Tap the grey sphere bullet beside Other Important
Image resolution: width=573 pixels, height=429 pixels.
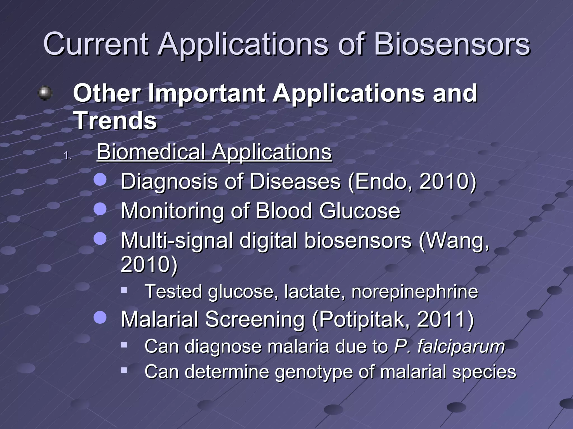(x=45, y=93)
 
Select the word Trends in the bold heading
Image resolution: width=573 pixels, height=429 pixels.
(x=115, y=121)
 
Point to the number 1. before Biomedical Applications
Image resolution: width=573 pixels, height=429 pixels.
(x=68, y=156)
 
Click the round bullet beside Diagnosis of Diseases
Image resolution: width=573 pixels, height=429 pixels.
(x=100, y=180)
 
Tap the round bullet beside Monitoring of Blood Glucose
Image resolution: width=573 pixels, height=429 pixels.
(x=100, y=209)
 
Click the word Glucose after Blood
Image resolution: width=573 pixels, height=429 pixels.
(x=360, y=211)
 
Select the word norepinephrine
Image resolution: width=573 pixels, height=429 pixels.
(x=415, y=292)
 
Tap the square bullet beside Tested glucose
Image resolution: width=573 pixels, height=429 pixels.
(x=124, y=290)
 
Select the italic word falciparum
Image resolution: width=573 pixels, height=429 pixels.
(x=461, y=346)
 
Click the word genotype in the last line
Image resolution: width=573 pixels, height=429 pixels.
(x=314, y=372)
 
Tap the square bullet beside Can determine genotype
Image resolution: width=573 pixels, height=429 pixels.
(x=124, y=371)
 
